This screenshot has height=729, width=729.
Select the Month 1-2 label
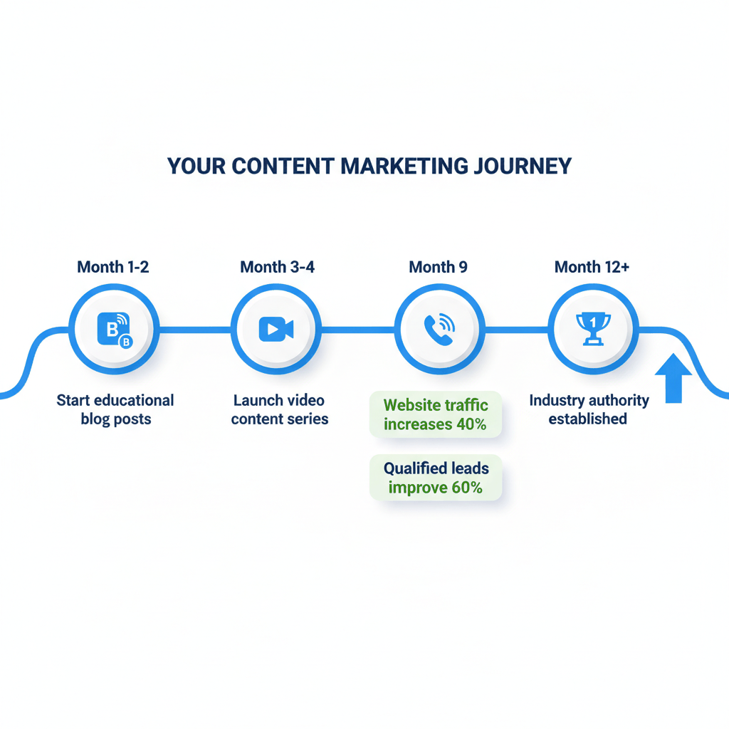point(113,267)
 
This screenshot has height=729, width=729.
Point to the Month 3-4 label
point(278,267)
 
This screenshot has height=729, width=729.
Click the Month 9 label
point(438,267)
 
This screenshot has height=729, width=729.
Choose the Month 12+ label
point(592,267)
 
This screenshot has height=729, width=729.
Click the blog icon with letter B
point(114,330)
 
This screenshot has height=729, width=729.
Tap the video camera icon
point(276,329)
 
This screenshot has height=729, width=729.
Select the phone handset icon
point(439,330)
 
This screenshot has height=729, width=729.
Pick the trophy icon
point(592,328)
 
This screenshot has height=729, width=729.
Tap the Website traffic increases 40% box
point(436,414)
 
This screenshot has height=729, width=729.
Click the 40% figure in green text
point(471,424)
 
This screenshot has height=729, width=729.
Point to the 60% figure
point(466,488)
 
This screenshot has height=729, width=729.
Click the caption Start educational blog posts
point(115,409)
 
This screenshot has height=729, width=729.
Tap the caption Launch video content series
point(280,409)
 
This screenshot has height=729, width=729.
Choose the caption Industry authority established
point(588,409)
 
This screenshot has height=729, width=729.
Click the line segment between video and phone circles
point(357,330)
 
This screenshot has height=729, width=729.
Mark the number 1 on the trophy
point(592,322)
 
